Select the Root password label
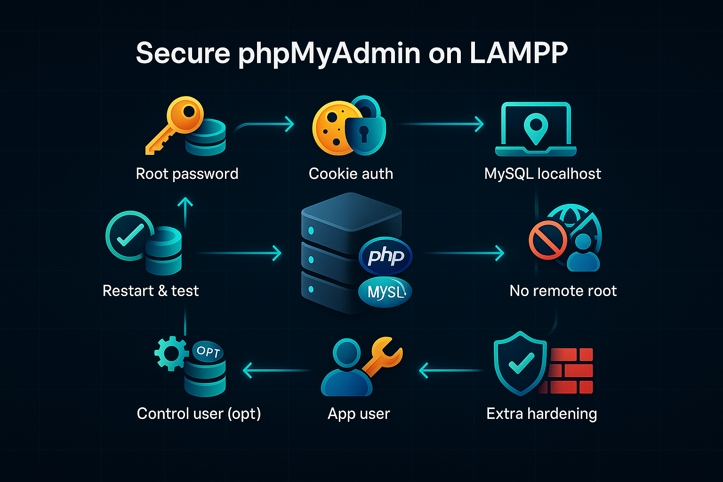(x=187, y=174)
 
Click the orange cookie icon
(x=331, y=127)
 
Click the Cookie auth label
(x=351, y=174)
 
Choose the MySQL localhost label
(x=542, y=174)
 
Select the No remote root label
(x=563, y=291)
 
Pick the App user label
(x=359, y=414)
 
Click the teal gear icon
(x=170, y=353)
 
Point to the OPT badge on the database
(x=208, y=351)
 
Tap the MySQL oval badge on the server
(x=385, y=292)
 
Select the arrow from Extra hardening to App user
(x=450, y=370)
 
